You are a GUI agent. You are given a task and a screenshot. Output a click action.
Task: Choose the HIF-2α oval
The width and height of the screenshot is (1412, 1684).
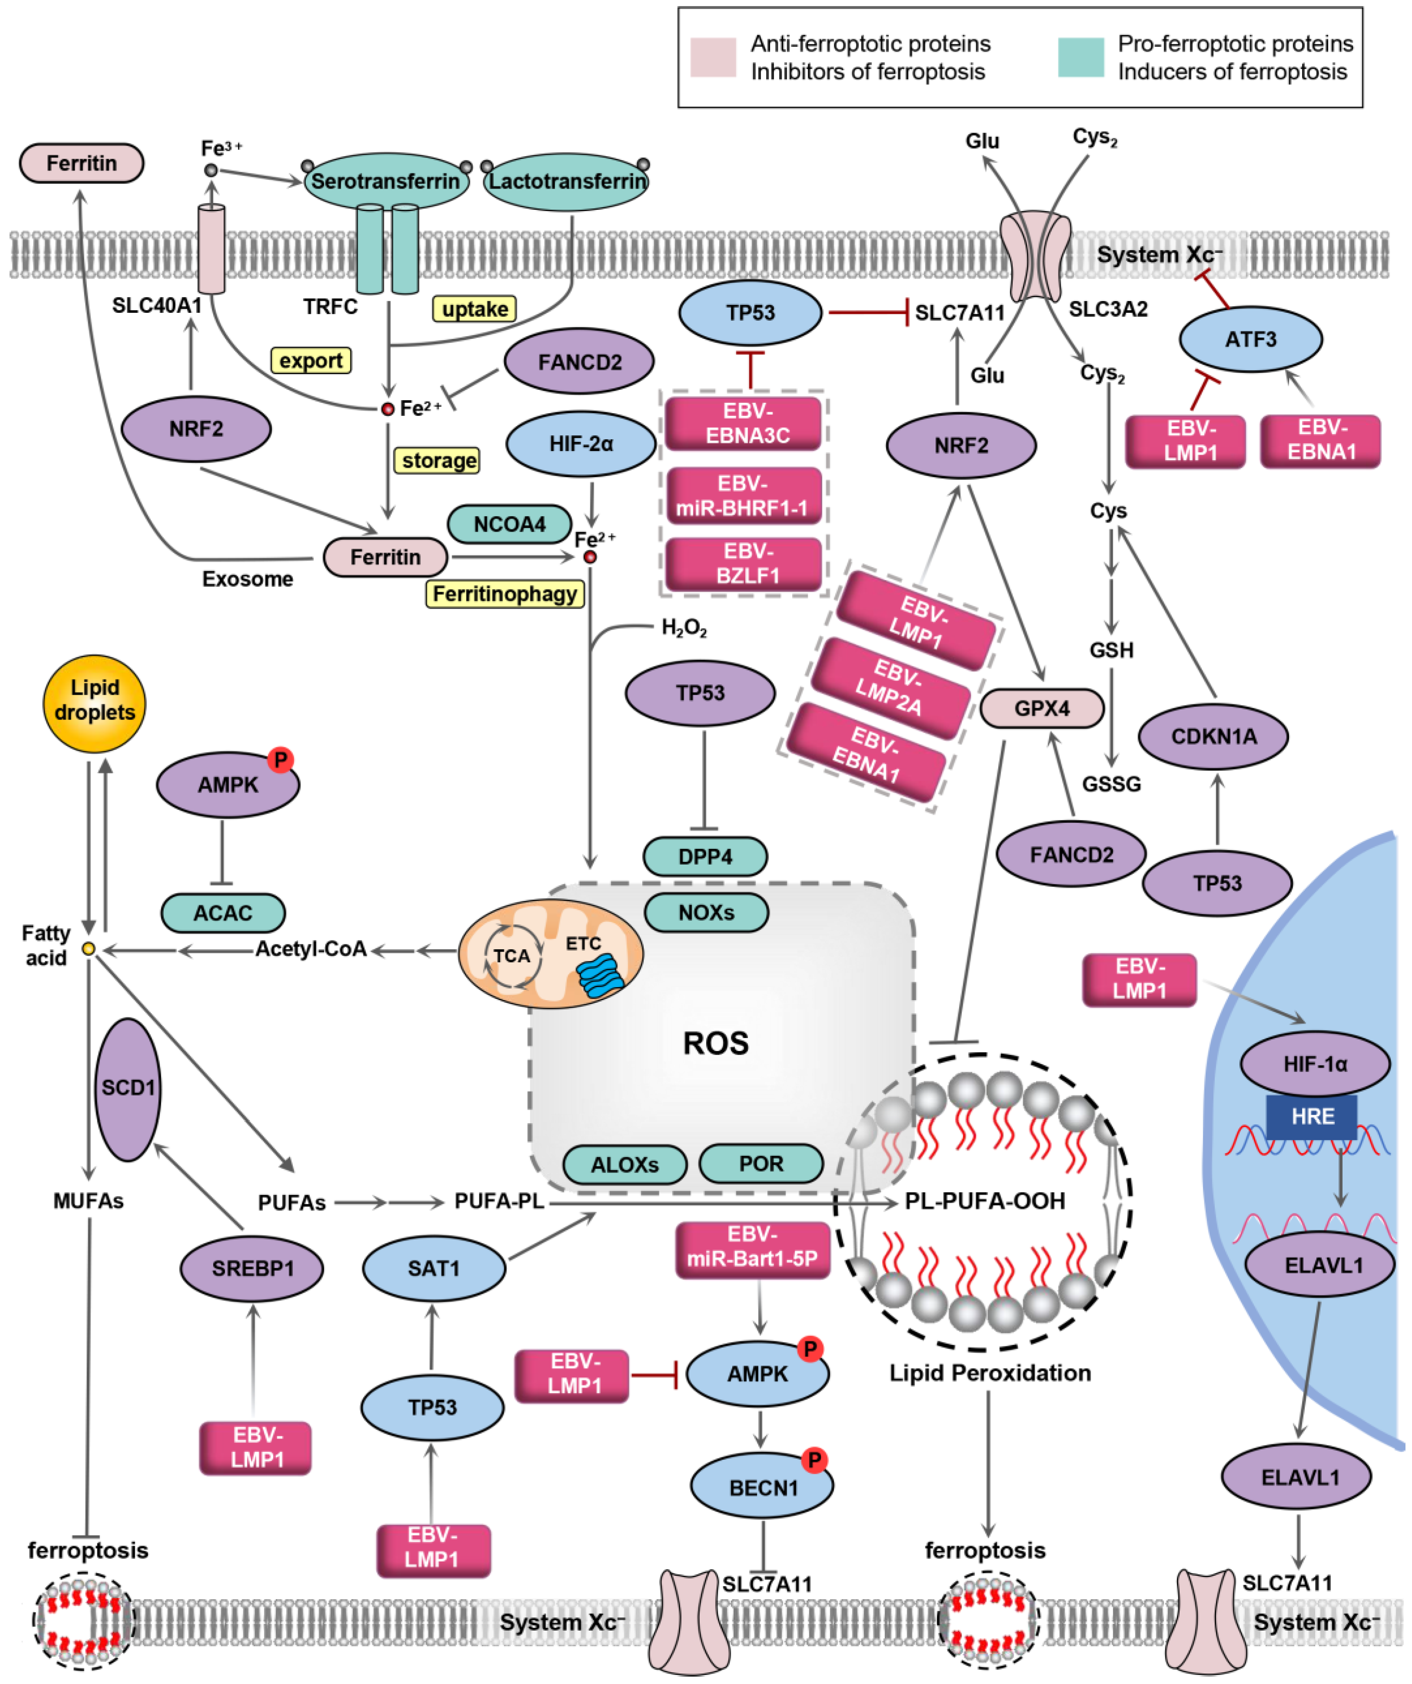click(581, 444)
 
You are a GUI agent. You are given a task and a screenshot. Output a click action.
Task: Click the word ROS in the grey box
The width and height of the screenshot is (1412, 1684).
click(715, 1043)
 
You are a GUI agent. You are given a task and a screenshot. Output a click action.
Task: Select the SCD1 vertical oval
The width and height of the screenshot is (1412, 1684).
click(128, 1089)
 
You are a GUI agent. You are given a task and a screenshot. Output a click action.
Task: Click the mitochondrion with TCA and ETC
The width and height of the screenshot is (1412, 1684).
click(550, 954)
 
